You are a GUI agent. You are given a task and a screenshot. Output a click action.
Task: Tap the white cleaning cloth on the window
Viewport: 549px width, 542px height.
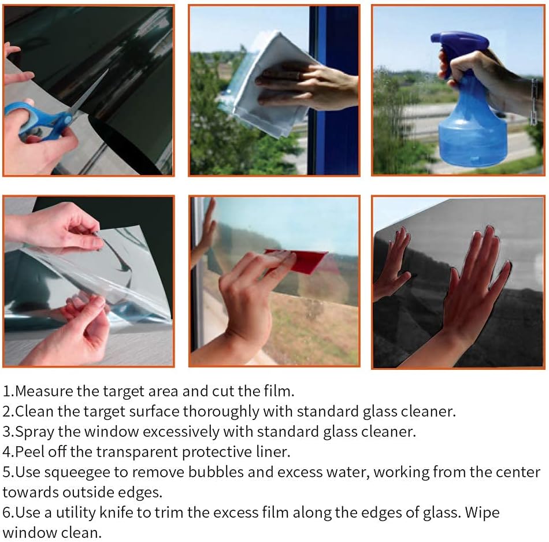pyautogui.click(x=266, y=84)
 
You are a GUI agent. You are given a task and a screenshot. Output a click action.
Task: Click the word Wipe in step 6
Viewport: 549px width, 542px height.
pyautogui.click(x=482, y=513)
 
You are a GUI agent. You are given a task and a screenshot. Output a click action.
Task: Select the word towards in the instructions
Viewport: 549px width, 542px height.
pyautogui.click(x=30, y=493)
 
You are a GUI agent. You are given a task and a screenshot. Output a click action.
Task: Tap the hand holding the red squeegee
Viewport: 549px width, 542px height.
pyautogui.click(x=248, y=301)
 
